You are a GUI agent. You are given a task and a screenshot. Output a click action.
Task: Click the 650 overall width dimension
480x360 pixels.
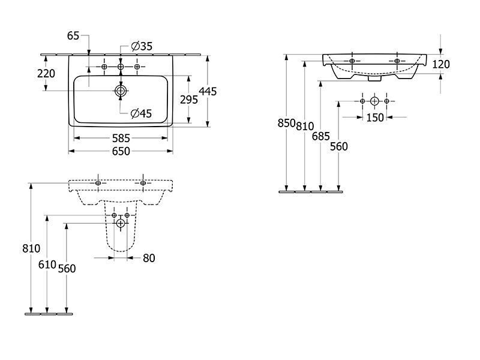(121, 151)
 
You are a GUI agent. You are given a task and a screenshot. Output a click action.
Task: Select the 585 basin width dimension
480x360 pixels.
(121, 139)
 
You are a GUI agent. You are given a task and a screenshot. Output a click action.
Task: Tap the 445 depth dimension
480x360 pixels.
(208, 91)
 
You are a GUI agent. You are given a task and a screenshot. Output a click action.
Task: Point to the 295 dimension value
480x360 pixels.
(189, 100)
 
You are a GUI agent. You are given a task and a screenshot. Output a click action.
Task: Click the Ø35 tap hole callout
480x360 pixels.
(142, 46)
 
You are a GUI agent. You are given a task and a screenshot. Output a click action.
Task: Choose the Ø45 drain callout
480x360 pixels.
(141, 113)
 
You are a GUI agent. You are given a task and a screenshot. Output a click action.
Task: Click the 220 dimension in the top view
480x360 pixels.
(46, 73)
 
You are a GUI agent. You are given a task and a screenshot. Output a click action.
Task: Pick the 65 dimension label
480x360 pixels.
(73, 36)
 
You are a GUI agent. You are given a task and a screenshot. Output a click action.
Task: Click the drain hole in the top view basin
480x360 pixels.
(121, 91)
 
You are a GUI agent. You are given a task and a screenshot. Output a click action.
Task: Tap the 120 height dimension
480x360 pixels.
(441, 64)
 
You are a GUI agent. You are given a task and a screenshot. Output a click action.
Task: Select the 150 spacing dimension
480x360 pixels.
(375, 118)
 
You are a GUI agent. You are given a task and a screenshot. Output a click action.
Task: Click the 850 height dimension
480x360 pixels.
(287, 123)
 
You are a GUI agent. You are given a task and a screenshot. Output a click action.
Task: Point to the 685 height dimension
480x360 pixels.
(321, 136)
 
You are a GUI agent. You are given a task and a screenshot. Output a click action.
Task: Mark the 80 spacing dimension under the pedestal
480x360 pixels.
(149, 258)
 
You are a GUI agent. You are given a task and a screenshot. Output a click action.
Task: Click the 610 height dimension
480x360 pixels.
(47, 265)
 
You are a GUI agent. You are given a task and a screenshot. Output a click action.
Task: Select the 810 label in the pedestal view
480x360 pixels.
(31, 248)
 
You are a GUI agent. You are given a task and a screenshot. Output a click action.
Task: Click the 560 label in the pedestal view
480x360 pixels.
(67, 268)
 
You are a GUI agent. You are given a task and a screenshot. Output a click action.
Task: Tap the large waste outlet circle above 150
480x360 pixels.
(374, 101)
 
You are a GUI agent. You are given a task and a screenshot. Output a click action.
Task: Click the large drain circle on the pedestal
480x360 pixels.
(121, 223)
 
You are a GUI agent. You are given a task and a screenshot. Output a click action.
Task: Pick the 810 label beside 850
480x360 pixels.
(305, 126)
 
